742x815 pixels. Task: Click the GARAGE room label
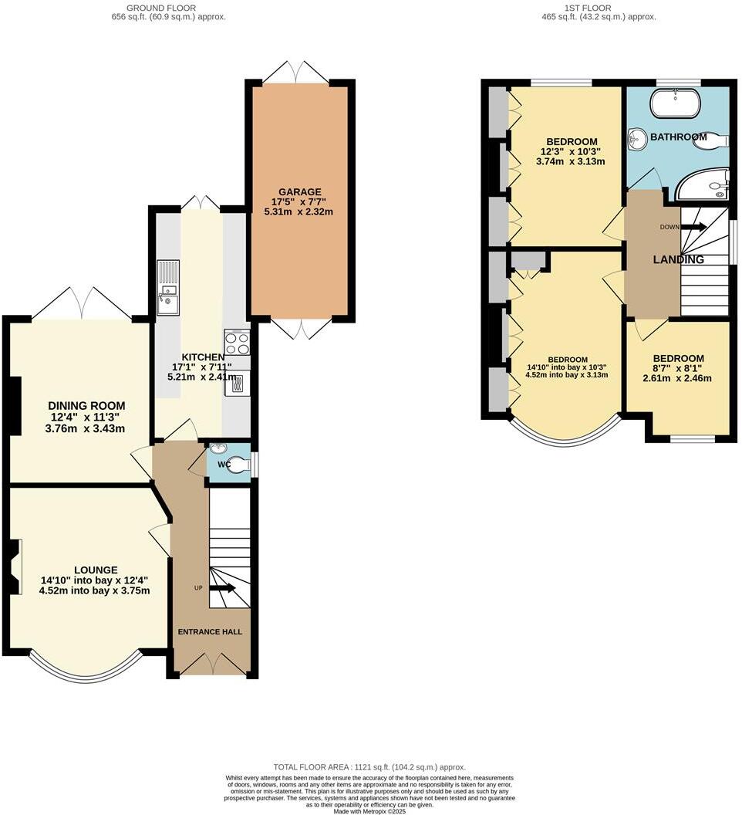tap(300, 192)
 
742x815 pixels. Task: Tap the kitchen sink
tap(167, 300)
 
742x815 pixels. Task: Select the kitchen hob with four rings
tap(237, 342)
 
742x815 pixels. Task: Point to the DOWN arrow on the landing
tap(693, 227)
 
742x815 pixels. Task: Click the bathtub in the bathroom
tap(675, 103)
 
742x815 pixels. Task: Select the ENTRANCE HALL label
tap(210, 631)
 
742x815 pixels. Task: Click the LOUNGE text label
tap(96, 570)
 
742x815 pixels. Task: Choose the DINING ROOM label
tap(86, 406)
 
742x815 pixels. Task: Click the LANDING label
tap(678, 260)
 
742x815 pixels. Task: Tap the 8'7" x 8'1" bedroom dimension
tap(678, 368)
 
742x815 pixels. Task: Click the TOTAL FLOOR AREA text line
tap(370, 767)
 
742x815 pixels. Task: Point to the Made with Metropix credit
tap(370, 811)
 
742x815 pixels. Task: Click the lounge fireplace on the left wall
tap(14, 566)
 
